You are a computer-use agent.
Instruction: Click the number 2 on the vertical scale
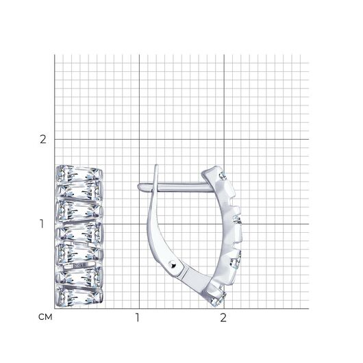(43, 140)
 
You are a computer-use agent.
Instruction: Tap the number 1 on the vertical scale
(42, 224)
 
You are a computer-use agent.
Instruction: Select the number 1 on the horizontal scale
(138, 318)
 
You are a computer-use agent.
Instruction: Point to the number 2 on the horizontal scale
(223, 318)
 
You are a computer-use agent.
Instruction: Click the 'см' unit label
(45, 317)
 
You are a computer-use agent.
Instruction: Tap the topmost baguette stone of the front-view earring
(79, 175)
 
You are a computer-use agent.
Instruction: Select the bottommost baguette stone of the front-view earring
(79, 297)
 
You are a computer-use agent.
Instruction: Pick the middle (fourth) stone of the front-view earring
(79, 232)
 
